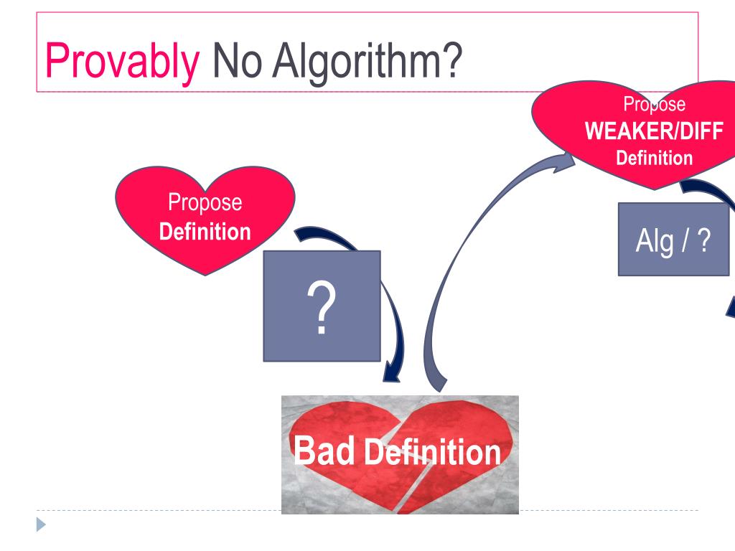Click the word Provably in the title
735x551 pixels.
(x=122, y=61)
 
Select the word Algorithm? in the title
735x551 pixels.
(x=366, y=61)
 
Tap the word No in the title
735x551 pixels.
(x=235, y=61)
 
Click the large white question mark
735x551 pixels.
(x=322, y=308)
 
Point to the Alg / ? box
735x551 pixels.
(x=673, y=240)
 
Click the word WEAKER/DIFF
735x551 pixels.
(x=654, y=132)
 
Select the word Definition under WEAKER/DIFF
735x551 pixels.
(x=654, y=158)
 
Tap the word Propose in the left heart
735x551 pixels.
(x=205, y=202)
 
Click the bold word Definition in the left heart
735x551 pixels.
(x=205, y=232)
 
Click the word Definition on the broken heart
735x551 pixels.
(x=432, y=453)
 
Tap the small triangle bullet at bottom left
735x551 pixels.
(x=40, y=524)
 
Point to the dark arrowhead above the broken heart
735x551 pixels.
(x=392, y=372)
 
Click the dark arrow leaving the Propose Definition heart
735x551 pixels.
(x=319, y=236)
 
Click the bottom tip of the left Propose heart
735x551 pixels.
(x=206, y=273)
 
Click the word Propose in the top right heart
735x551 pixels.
(x=654, y=105)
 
